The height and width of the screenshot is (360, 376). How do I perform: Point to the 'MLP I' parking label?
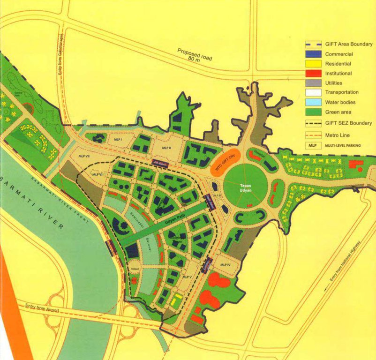pyautogui.click(x=117, y=140)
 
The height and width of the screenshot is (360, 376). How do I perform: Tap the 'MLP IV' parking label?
pyautogui.click(x=226, y=265)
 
